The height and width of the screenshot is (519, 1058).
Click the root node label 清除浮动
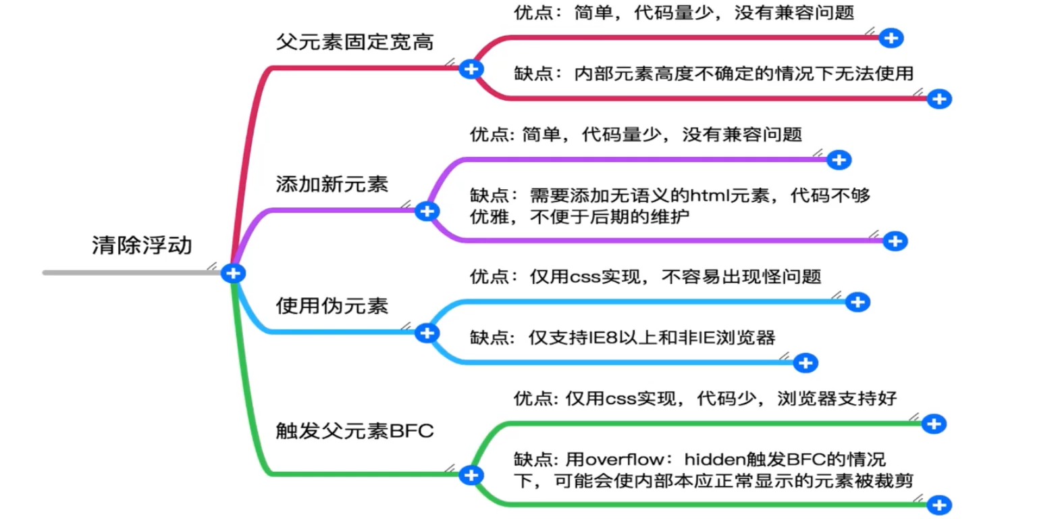(x=142, y=245)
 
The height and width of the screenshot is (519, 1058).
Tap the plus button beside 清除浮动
(x=234, y=273)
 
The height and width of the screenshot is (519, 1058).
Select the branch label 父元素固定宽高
(x=354, y=42)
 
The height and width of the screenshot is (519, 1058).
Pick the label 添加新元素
(x=332, y=184)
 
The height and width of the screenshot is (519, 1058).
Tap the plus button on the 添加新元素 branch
(x=426, y=212)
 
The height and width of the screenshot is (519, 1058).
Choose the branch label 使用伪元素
(x=332, y=305)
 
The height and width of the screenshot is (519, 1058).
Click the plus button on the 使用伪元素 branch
(x=426, y=332)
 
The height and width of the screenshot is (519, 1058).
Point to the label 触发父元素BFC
(x=354, y=430)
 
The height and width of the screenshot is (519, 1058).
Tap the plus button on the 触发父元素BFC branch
(x=471, y=475)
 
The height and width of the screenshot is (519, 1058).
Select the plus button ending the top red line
(x=891, y=38)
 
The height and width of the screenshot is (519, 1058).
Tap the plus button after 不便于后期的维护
(x=895, y=241)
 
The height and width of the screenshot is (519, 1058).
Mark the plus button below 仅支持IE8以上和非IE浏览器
(x=805, y=363)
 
